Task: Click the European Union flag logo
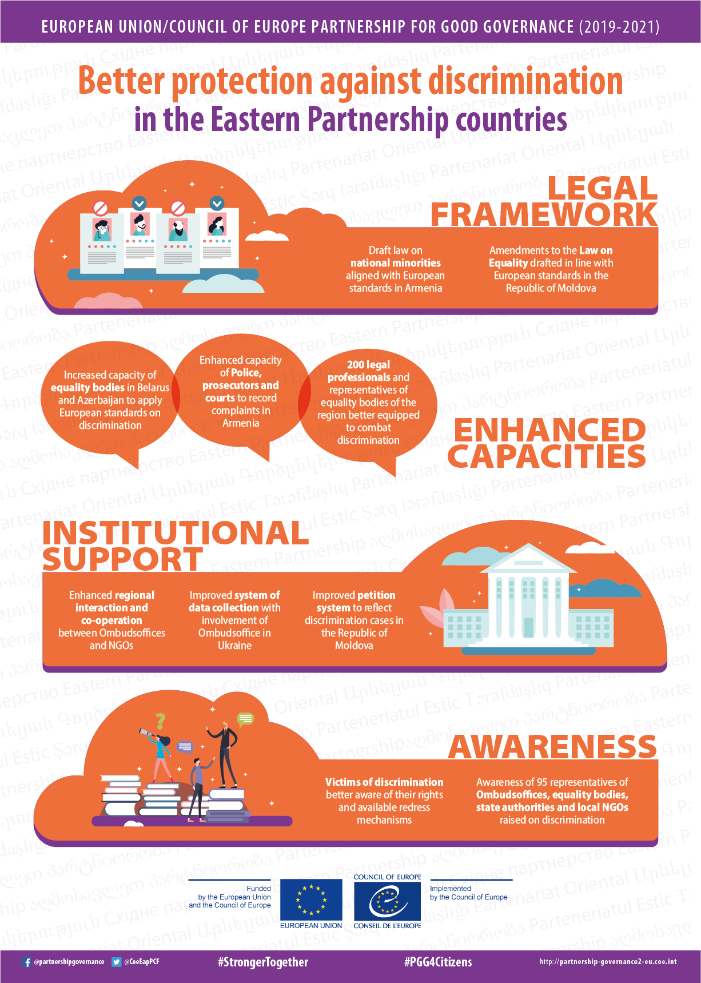click(311, 900)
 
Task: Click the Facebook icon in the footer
click(26, 962)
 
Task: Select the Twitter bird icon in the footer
click(117, 962)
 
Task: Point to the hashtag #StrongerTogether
click(262, 962)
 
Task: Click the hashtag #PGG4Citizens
click(438, 962)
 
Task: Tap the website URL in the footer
click(608, 962)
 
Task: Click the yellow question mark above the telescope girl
click(161, 721)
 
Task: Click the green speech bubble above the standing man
click(245, 718)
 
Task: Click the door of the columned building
click(529, 627)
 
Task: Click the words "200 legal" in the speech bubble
click(368, 365)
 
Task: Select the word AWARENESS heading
click(552, 747)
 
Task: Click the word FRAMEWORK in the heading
click(544, 214)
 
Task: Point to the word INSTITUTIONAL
click(176, 532)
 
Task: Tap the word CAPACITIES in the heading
click(547, 456)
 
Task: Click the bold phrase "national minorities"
click(396, 263)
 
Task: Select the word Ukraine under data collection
click(234, 646)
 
